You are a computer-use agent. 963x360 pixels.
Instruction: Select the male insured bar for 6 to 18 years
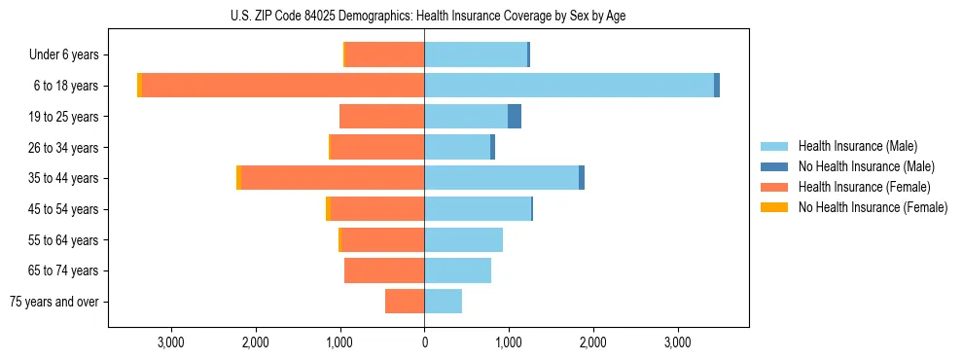point(569,86)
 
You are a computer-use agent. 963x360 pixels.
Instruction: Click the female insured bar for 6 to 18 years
point(283,86)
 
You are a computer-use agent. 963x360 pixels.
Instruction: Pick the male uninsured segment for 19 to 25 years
point(515,117)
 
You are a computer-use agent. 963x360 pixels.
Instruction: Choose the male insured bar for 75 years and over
point(444,302)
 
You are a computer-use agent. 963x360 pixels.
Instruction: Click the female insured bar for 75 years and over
point(405,302)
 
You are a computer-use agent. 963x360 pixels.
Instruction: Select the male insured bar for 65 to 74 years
point(458,270)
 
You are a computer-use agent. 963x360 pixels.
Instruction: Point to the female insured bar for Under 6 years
point(385,54)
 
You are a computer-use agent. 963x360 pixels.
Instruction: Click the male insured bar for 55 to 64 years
point(464,239)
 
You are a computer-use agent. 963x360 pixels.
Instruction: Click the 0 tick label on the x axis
point(424,342)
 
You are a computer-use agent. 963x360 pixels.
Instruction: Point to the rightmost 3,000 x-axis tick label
point(677,342)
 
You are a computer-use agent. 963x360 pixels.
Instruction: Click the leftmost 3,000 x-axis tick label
point(170,342)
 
